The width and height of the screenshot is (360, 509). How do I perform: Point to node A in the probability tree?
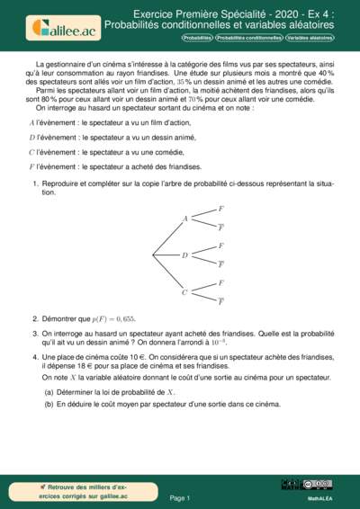coord(185,219)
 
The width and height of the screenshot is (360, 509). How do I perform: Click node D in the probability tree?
coord(185,255)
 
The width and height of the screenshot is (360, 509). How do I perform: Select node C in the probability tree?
coord(185,291)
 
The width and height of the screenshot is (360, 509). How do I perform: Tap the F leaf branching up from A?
coord(221,209)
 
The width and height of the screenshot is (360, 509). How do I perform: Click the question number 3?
coord(35,333)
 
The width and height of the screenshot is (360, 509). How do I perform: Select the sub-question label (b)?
coord(49,404)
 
